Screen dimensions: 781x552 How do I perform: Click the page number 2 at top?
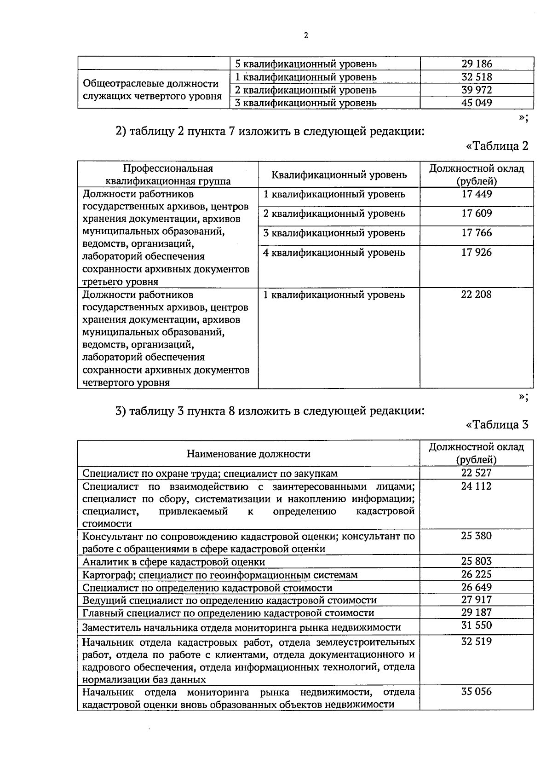(306, 35)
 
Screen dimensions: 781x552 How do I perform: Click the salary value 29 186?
(477, 64)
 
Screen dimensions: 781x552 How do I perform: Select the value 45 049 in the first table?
(477, 103)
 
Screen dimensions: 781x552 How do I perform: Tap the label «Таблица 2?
(497, 146)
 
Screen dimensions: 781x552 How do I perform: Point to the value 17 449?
(477, 194)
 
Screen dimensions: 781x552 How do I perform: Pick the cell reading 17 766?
(477, 233)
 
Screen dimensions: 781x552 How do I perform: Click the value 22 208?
(477, 295)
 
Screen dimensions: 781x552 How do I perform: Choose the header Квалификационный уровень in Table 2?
(339, 175)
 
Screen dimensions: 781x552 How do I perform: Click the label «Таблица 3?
(497, 424)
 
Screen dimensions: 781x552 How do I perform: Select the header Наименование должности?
(248, 454)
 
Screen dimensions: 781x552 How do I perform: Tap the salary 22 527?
(477, 473)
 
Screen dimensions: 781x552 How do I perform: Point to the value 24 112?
(477, 486)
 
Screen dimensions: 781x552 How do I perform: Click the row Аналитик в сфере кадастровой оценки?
(173, 562)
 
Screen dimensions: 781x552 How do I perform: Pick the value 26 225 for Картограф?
(477, 574)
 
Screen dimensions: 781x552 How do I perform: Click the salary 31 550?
(477, 625)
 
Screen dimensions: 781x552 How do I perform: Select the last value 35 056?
(477, 692)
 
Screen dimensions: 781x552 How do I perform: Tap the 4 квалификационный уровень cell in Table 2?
(334, 253)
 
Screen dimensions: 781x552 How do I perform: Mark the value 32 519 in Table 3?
(477, 642)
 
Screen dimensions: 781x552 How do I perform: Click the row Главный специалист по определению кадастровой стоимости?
(228, 613)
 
